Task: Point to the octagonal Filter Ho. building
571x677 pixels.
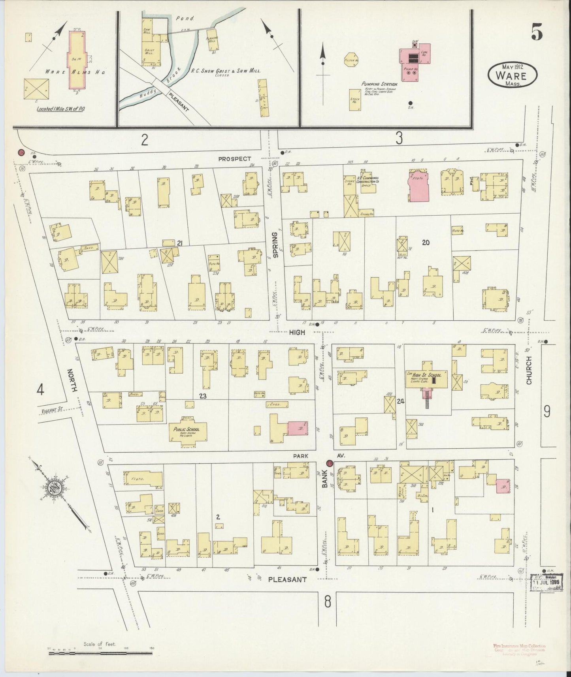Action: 351,60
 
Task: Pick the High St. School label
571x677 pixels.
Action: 428,374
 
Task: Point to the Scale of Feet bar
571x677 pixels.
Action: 101,653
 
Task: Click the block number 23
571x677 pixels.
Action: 203,395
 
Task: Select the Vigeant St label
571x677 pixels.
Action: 52,411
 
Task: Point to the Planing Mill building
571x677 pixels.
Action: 213,39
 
